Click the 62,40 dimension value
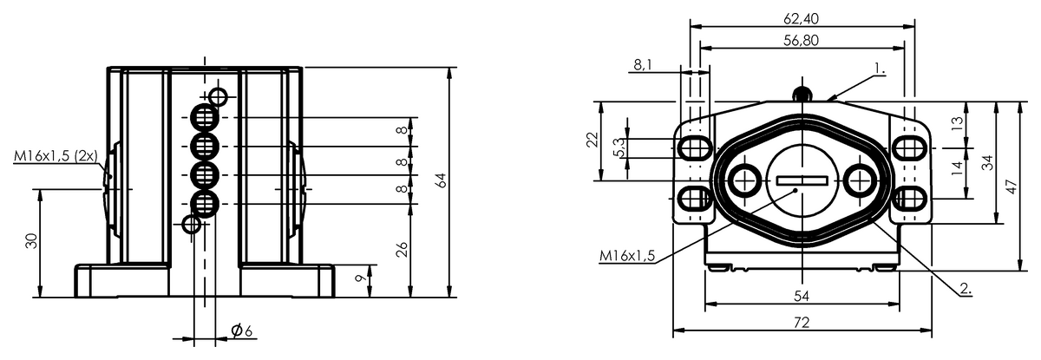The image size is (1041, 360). [x=801, y=18]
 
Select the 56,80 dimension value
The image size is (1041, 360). [x=801, y=41]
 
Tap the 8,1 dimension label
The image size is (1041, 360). [x=643, y=65]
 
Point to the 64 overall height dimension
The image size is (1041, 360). [x=442, y=180]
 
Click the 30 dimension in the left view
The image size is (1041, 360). [x=31, y=241]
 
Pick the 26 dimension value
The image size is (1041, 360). [x=402, y=250]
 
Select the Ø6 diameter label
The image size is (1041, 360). [x=242, y=331]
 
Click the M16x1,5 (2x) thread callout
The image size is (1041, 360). [x=56, y=156]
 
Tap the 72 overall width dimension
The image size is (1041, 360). [x=802, y=322]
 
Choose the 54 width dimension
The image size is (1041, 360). [x=802, y=296]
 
